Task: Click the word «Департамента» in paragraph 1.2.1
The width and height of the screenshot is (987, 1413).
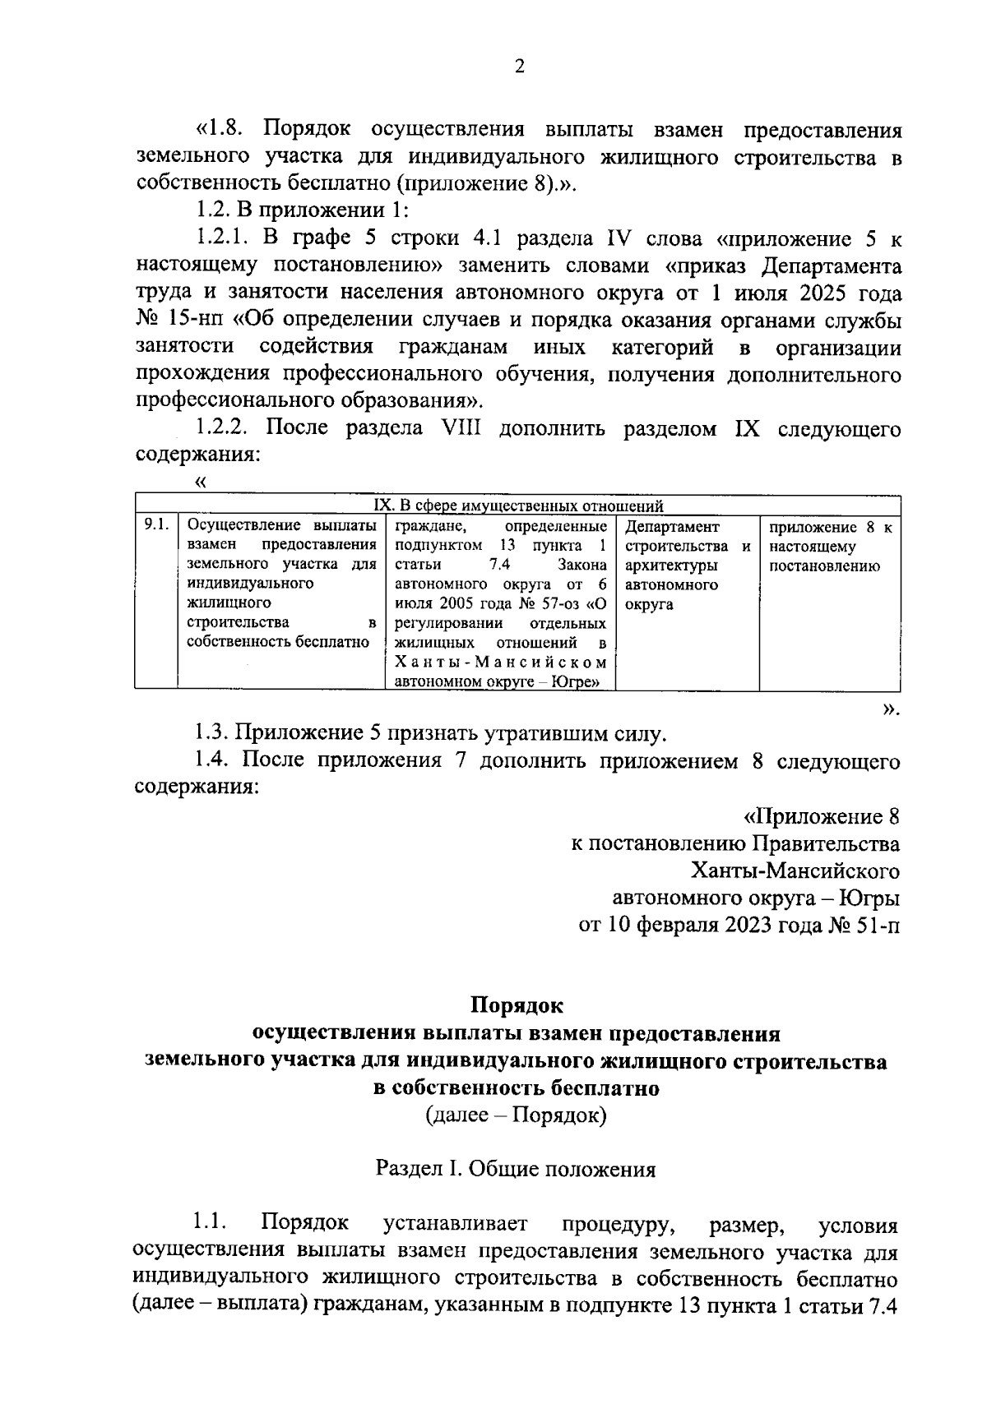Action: tap(831, 266)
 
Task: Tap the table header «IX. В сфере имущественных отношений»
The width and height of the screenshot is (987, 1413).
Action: tap(518, 506)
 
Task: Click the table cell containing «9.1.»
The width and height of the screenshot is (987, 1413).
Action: tap(155, 526)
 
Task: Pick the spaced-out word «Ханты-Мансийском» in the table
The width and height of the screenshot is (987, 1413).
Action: tap(500, 663)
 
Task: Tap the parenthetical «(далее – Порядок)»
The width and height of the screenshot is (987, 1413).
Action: tap(516, 1115)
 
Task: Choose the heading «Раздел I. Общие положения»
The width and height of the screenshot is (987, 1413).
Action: tap(516, 1169)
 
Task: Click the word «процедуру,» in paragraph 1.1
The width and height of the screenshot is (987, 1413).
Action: tap(618, 1225)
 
